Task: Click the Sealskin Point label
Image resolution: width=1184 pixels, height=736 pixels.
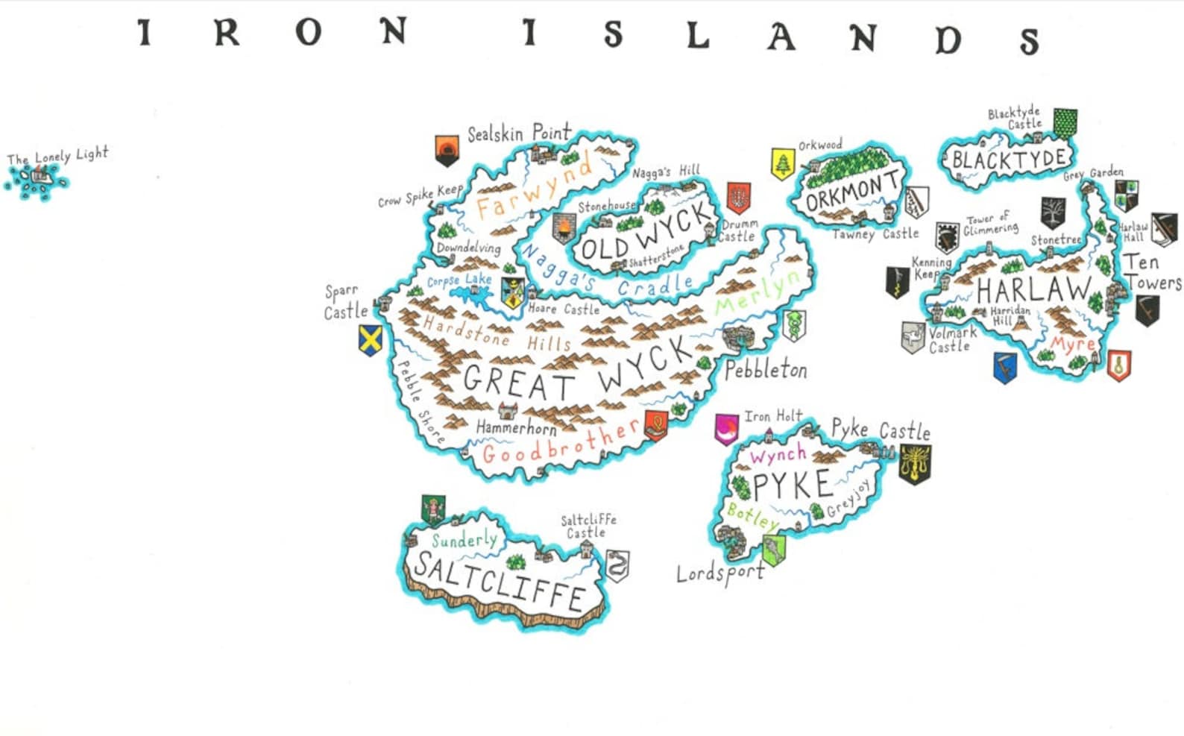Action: [519, 133]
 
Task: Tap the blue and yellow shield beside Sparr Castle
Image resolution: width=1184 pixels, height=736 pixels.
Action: [371, 340]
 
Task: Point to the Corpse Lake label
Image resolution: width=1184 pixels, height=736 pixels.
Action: [459, 280]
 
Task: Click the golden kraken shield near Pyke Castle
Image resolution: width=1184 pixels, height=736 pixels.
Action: [914, 464]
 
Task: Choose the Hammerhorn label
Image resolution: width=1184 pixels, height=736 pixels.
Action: [516, 428]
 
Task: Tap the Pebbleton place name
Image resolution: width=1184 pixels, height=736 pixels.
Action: [766, 369]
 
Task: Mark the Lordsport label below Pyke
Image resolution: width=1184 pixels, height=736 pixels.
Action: [719, 573]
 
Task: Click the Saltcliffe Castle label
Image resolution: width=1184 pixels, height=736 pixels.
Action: [588, 526]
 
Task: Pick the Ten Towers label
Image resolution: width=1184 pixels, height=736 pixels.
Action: [1152, 272]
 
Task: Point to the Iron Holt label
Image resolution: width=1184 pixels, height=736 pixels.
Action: [773, 416]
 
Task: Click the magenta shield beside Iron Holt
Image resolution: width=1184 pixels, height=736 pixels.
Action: [725, 430]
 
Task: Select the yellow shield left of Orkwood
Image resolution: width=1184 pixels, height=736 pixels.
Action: [782, 164]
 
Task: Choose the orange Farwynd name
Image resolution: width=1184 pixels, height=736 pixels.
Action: [533, 187]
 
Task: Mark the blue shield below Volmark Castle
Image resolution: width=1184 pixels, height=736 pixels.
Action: [1005, 368]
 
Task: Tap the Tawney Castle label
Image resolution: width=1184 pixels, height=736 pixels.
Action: [875, 234]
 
